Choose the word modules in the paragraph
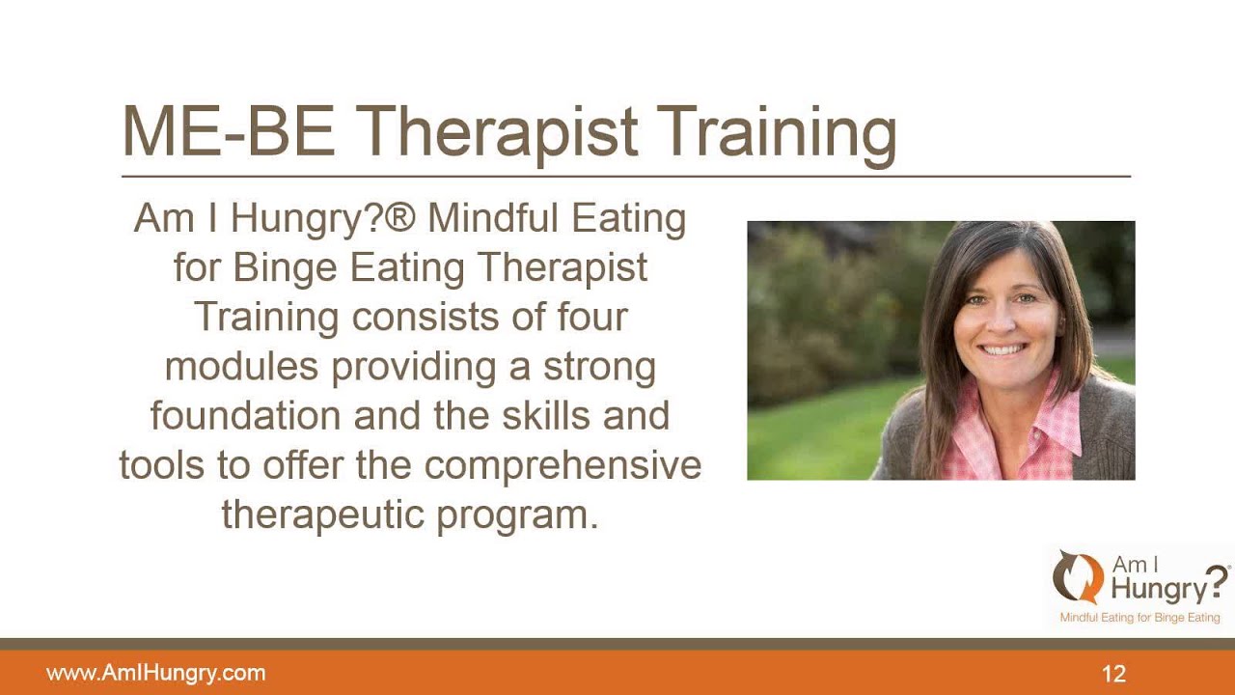241,366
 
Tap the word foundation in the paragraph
245,415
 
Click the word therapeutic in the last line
323,514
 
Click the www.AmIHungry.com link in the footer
155,674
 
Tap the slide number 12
1113,674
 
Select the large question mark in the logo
1218,582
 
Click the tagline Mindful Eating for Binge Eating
1139,617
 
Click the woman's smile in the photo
1002,348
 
